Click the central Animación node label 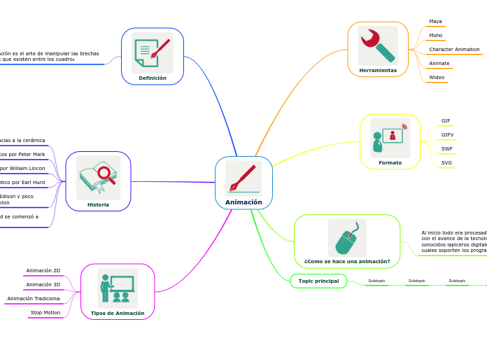pyautogui.click(x=243, y=202)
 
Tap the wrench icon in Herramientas pyautogui.click(x=378, y=45)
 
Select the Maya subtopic pyautogui.click(x=435, y=22)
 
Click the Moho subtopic pyautogui.click(x=435, y=36)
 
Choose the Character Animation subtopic pyautogui.click(x=454, y=50)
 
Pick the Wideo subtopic pyautogui.click(x=437, y=78)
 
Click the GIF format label pyautogui.click(x=446, y=121)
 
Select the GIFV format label pyautogui.click(x=447, y=135)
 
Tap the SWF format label pyautogui.click(x=446, y=149)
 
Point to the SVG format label pyautogui.click(x=446, y=163)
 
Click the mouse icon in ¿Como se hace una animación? pyautogui.click(x=346, y=238)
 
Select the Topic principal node pyautogui.click(x=318, y=281)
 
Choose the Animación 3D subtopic pyautogui.click(x=43, y=285)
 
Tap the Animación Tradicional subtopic pyautogui.click(x=34, y=299)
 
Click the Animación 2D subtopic pyautogui.click(x=43, y=271)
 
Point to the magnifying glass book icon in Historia pyautogui.click(x=98, y=177)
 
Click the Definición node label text pyautogui.click(x=153, y=78)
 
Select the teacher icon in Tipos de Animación pyautogui.click(x=117, y=288)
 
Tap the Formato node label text pyautogui.click(x=390, y=163)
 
